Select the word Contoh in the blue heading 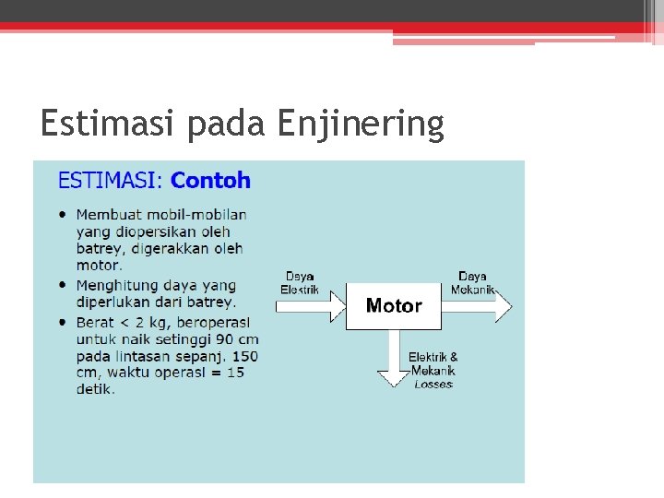pyautogui.click(x=210, y=180)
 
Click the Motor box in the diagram pyautogui.click(x=394, y=306)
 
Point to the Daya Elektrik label pyautogui.click(x=300, y=282)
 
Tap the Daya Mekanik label pyautogui.click(x=473, y=282)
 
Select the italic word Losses pyautogui.click(x=433, y=384)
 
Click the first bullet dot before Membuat pyautogui.click(x=63, y=214)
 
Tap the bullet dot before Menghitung pyautogui.click(x=63, y=286)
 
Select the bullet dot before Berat pyautogui.click(x=63, y=322)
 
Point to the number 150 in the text pyautogui.click(x=245, y=356)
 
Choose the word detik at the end pyautogui.click(x=95, y=389)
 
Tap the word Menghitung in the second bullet pyautogui.click(x=116, y=286)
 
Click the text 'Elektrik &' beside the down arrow pyautogui.click(x=433, y=357)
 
